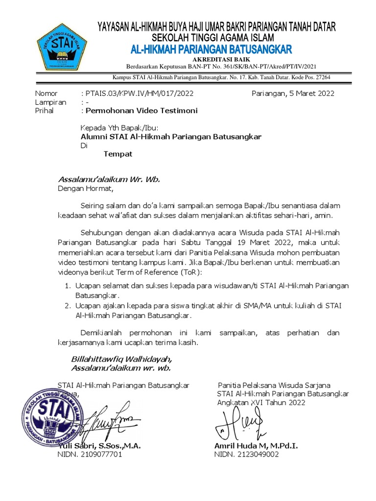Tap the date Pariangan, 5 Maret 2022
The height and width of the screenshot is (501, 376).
tap(293, 93)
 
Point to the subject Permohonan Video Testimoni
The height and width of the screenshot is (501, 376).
tap(141, 111)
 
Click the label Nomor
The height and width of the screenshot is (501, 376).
tap(46, 93)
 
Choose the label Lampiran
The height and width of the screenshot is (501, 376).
tap(50, 102)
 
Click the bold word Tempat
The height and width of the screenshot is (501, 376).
tap(117, 154)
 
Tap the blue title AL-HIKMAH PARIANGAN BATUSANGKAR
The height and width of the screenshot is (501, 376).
tap(211, 49)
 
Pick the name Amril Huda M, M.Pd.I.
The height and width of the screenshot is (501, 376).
tap(256, 446)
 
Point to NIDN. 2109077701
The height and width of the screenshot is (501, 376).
tap(90, 455)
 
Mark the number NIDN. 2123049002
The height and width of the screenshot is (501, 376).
tap(246, 455)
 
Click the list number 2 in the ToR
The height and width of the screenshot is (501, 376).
tap(68, 305)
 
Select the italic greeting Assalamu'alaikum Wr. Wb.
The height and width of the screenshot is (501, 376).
tap(109, 179)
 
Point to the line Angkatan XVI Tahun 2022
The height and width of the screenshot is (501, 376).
tap(261, 403)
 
